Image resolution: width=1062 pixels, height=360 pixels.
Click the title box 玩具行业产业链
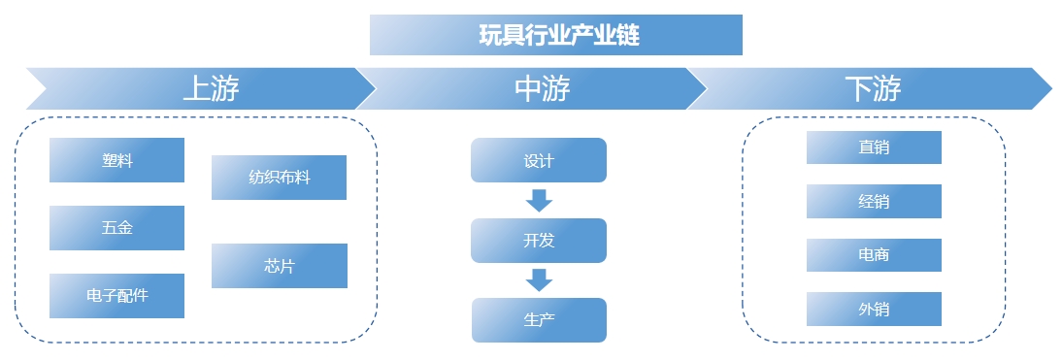556,35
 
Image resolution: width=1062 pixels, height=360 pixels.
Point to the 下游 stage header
872,88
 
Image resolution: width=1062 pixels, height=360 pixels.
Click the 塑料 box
116,160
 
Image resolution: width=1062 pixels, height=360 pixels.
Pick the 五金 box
116,228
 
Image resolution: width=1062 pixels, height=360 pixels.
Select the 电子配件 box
116,295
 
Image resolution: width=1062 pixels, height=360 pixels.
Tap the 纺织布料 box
279,178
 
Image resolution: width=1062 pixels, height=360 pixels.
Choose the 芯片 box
279,266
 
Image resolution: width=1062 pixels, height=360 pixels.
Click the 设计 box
539,160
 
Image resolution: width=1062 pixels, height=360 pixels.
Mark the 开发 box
539,241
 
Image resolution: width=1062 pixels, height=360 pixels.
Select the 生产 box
539,319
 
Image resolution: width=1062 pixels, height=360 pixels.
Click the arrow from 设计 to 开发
539,200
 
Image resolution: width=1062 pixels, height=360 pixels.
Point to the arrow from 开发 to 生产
539,279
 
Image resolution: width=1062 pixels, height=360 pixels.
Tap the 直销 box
874,147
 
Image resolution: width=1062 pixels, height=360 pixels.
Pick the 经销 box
874,201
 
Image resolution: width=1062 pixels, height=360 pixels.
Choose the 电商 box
874,255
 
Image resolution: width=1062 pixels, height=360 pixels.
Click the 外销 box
874,310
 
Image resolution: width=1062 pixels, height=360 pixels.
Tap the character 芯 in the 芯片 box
271,266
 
